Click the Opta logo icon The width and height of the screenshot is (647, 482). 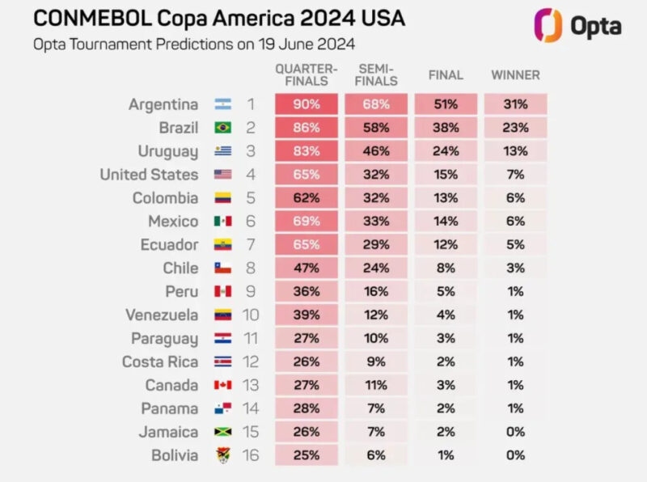(x=550, y=25)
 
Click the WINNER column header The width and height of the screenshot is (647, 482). (x=515, y=75)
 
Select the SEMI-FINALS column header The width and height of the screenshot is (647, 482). (x=376, y=75)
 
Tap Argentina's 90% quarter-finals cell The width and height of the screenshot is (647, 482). (x=307, y=104)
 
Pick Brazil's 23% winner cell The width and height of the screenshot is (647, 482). (x=515, y=128)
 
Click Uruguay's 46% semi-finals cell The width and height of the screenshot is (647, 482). (x=376, y=151)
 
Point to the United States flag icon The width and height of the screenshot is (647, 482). (x=223, y=175)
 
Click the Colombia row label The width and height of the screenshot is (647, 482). (x=165, y=198)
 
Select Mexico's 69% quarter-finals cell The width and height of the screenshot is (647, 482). (x=307, y=222)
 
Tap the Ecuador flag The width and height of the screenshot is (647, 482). (x=223, y=245)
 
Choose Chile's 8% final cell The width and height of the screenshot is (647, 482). (x=446, y=268)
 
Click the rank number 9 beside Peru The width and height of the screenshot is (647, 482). (x=251, y=292)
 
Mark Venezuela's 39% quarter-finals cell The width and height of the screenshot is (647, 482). (x=307, y=315)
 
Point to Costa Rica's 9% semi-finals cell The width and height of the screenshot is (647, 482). (x=376, y=362)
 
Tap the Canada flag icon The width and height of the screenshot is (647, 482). (x=223, y=386)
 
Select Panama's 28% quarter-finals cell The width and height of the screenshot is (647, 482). (x=307, y=409)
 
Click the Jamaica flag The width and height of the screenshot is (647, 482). (x=223, y=433)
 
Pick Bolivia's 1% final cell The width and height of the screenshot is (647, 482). (x=446, y=456)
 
